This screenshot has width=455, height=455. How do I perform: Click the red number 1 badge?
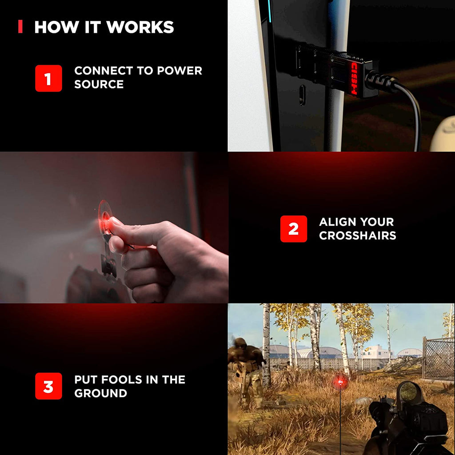pos(48,78)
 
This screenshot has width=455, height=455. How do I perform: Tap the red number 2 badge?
pos(293,229)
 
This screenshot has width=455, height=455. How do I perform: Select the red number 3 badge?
pos(48,386)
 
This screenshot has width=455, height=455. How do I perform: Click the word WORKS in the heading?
pos(140,27)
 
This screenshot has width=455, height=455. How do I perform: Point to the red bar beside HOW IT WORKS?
pos(20,26)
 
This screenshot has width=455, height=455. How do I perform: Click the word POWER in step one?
pos(180,71)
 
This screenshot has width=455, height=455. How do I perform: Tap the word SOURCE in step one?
pos(99,84)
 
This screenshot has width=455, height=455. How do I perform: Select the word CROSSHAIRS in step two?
pos(358,235)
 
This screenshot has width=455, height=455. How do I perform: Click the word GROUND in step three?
pos(101,393)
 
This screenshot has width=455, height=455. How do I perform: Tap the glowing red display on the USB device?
pos(354,78)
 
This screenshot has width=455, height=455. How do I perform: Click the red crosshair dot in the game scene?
pos(340,382)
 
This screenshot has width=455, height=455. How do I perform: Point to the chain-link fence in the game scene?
pos(439,359)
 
